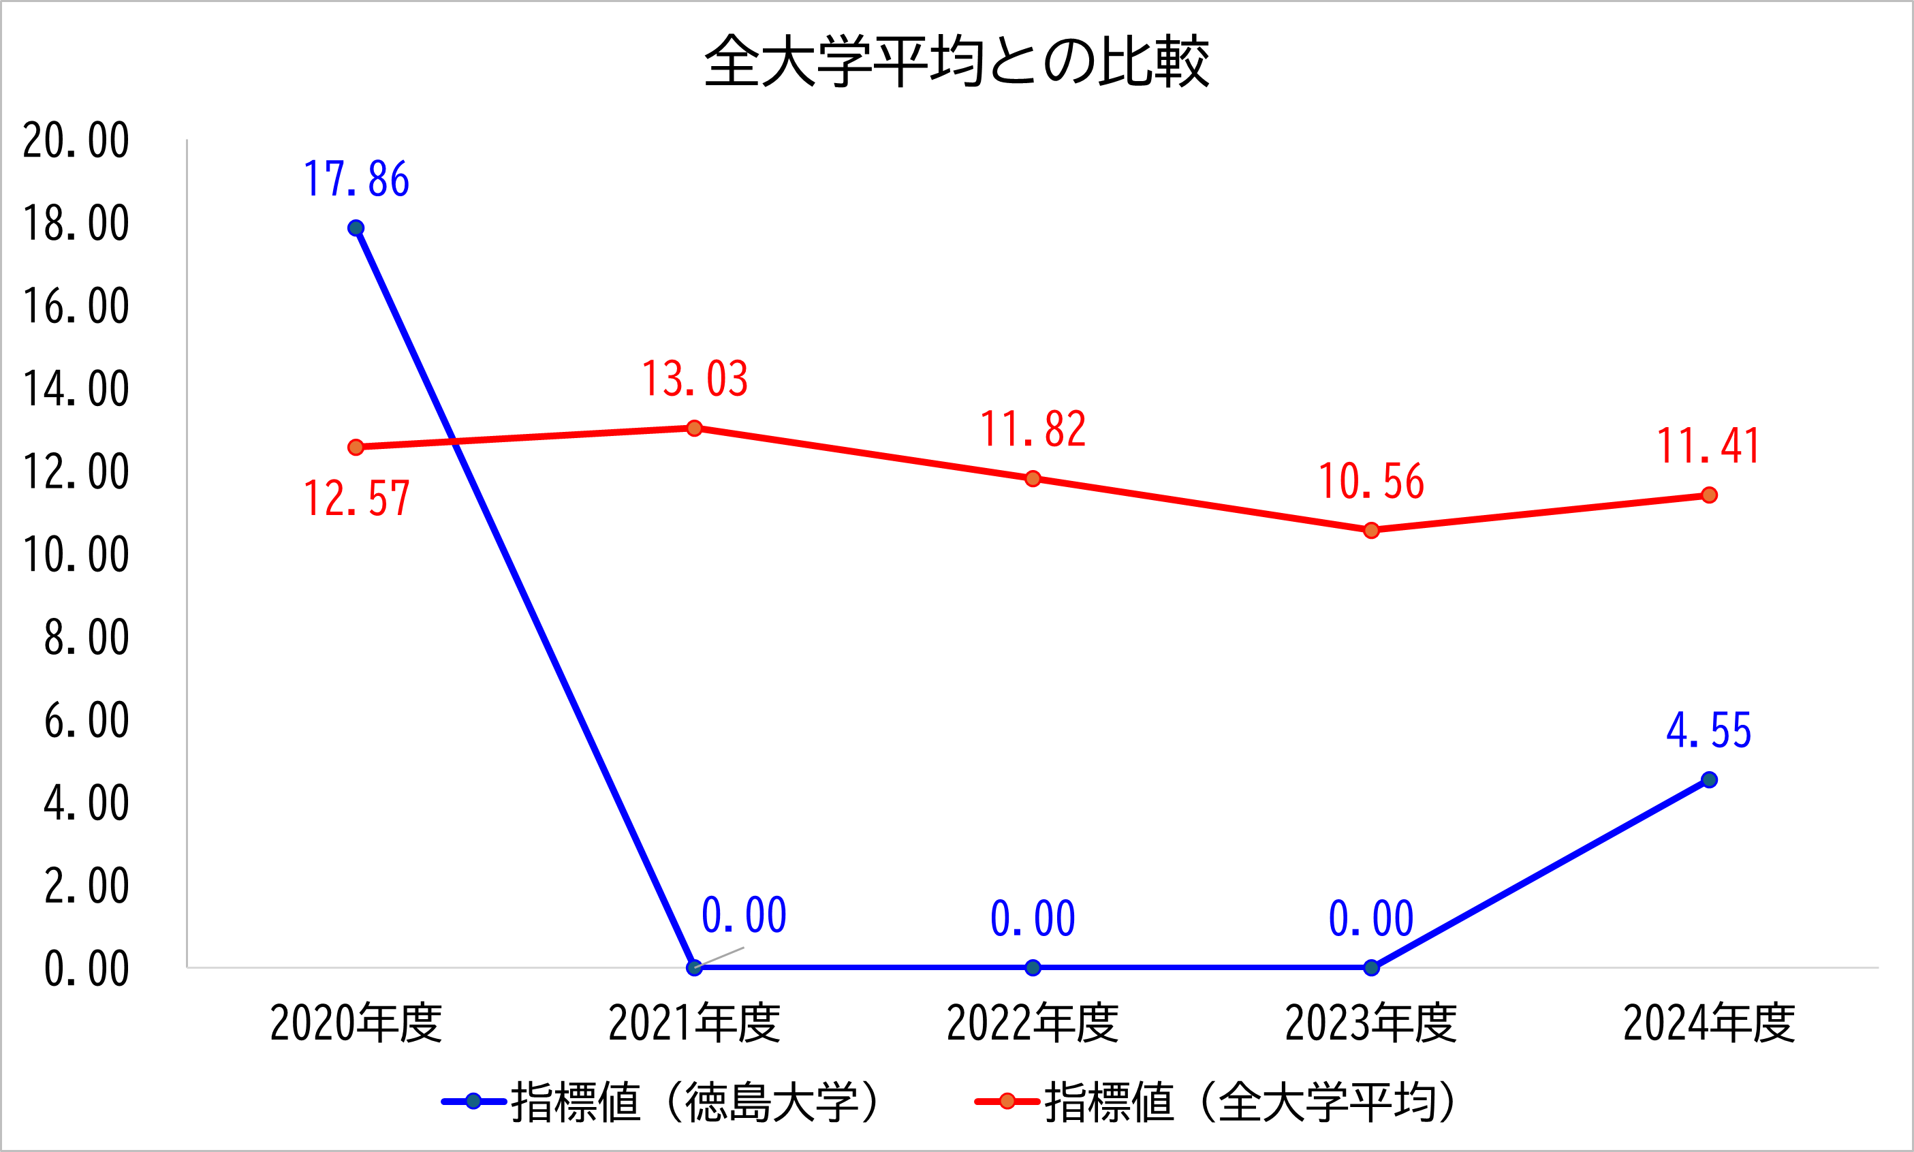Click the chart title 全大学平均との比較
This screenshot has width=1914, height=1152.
956,61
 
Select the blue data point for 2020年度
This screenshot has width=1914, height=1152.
356,228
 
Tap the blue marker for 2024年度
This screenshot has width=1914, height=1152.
1708,779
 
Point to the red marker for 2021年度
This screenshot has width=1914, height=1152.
695,429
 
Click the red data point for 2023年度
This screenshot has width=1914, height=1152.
1371,530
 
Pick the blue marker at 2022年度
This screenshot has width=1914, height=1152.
1033,967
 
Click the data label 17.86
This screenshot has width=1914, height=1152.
356,179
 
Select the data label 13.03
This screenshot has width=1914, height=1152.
695,379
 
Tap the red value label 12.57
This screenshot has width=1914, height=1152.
356,499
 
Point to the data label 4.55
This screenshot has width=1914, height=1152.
1708,731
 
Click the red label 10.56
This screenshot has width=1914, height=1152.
1371,481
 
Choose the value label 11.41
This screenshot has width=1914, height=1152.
1708,446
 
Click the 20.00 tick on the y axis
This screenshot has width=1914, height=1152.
76,140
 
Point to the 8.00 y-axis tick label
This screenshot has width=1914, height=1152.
86,638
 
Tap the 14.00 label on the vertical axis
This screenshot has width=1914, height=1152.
76,389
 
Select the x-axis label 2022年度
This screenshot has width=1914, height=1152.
1033,1023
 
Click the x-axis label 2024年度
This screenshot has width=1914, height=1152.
1708,1023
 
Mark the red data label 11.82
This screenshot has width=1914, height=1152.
1033,429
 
